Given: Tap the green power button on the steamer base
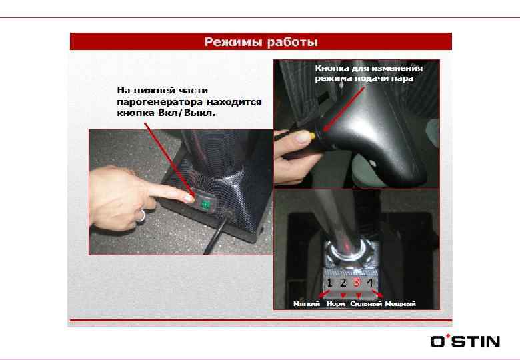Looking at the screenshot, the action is coord(205,205).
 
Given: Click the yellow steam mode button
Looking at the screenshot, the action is coord(312,135).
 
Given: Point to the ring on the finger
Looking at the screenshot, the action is coord(142,215).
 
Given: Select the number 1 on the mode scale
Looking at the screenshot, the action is coord(329,283).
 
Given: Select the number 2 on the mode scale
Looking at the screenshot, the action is coord(343,283).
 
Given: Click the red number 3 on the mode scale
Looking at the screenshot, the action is coord(357,283).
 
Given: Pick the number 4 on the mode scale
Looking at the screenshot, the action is coord(370,283).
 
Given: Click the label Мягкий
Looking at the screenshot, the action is coord(307,303).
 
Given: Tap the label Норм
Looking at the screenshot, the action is coord(335,303).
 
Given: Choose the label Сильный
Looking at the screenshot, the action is coord(366,303).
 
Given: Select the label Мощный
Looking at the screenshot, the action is coord(400,303).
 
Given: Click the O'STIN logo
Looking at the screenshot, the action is coord(465,341).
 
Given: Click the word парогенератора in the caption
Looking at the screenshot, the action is coord(159,102).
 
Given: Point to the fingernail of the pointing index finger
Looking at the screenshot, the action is coord(189,198).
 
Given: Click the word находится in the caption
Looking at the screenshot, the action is coord(234,102).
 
